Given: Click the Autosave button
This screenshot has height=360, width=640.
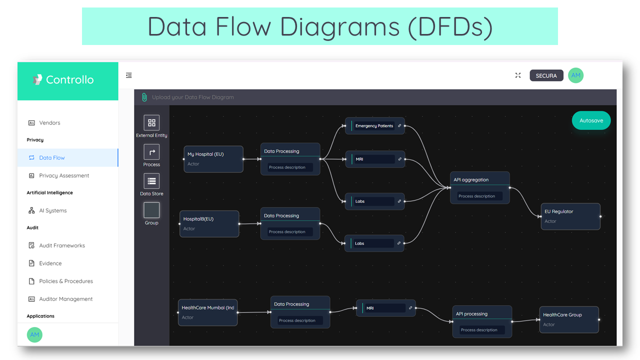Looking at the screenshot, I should point(591,120).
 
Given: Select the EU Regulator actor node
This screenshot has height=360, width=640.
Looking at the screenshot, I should point(570,216).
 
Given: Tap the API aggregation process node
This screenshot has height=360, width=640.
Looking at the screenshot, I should point(479,187).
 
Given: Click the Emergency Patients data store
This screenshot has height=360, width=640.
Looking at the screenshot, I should point(374,126).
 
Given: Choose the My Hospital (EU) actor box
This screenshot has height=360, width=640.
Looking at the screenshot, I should point(213,159).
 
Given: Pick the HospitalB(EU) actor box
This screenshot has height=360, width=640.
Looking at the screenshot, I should point(209,223).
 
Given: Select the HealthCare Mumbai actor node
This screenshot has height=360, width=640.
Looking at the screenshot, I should point(207,312).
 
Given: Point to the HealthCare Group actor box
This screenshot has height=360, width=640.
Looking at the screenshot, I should point(569,319).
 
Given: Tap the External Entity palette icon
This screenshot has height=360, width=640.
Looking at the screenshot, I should point(151,122).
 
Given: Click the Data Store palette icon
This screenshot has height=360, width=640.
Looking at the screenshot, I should point(151,181).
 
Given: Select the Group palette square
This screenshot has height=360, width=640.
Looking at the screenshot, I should point(151,210).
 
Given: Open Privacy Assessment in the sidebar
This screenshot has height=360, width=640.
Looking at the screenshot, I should point(64,175).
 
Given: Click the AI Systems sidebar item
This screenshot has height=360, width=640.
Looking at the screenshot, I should point(52,210).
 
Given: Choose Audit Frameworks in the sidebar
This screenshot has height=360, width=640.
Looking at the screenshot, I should point(62,245).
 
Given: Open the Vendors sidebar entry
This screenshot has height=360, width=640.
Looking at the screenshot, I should point(49,122).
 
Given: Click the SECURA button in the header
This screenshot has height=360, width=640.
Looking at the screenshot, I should point(546,75).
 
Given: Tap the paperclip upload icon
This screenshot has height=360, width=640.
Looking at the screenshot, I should point(144,97).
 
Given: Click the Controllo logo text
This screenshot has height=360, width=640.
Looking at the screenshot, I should point(69,79).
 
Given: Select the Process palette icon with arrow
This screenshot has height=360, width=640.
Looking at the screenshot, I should point(151,152).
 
